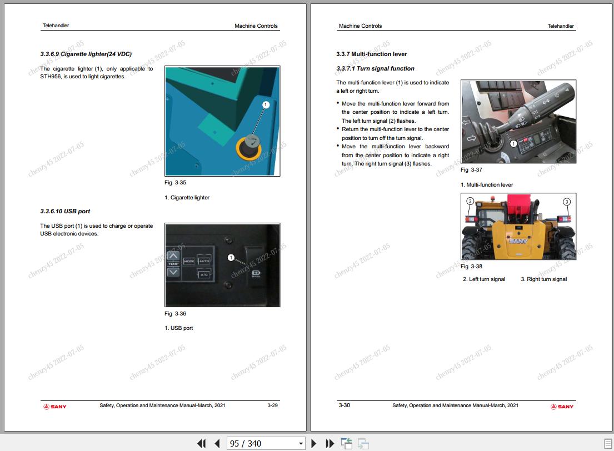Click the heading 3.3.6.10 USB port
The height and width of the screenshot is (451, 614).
click(65, 212)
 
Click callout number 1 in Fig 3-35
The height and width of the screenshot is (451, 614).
click(266, 104)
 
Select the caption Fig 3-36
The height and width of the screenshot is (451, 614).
click(175, 314)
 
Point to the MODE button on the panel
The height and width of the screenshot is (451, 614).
click(189, 261)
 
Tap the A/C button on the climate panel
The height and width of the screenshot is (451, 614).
click(204, 273)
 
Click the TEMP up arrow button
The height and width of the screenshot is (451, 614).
click(173, 256)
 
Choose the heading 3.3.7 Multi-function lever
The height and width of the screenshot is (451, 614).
click(371, 54)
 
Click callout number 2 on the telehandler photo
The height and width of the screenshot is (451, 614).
click(470, 201)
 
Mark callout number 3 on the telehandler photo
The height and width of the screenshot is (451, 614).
click(567, 201)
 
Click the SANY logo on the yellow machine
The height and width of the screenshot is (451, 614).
click(518, 241)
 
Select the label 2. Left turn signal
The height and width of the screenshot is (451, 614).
click(484, 279)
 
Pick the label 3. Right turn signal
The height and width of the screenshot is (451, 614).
click(543, 279)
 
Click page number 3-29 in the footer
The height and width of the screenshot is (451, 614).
click(272, 405)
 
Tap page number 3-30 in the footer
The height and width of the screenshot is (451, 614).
click(345, 405)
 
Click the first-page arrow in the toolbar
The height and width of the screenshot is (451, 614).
click(201, 443)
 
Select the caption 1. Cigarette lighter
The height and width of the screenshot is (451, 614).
click(187, 198)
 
